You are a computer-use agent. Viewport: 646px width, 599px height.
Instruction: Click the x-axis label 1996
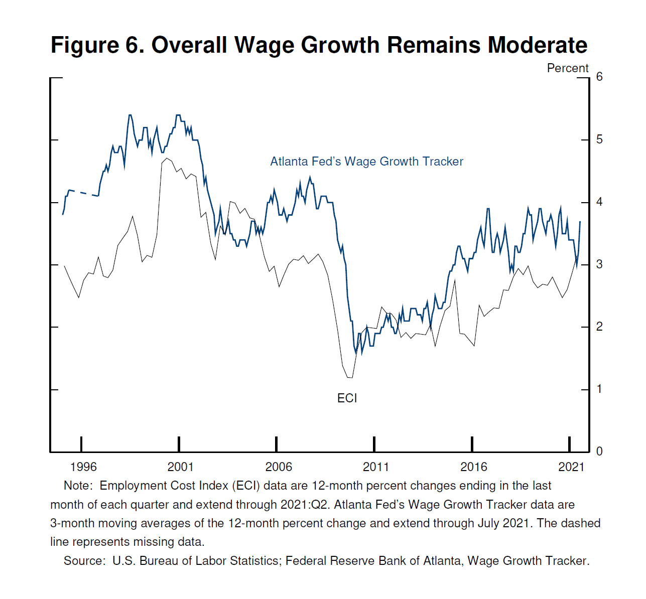pos(83,467)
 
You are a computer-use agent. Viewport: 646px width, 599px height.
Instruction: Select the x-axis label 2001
pos(180,467)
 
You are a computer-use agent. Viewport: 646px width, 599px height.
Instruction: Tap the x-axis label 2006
pos(278,467)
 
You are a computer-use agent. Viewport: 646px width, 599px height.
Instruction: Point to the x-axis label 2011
pos(375,467)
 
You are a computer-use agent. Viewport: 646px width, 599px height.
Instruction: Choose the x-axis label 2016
pos(473,467)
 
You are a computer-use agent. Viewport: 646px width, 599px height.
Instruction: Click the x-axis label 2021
pos(571,467)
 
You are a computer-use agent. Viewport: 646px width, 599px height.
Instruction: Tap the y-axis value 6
pos(599,77)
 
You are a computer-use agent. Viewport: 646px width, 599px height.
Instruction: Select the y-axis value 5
pos(599,139)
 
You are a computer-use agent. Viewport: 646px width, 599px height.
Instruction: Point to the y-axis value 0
pos(599,452)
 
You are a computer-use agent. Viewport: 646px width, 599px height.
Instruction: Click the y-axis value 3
pos(599,264)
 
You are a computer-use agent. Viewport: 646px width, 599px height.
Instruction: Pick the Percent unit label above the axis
pos(567,68)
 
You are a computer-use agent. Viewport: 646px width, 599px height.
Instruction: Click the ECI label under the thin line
pos(347,398)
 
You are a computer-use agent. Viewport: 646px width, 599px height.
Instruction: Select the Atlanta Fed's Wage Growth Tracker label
pos(366,162)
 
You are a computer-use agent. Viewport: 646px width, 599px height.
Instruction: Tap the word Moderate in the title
pos(538,45)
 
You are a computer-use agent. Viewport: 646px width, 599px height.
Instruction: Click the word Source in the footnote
pos(83,561)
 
